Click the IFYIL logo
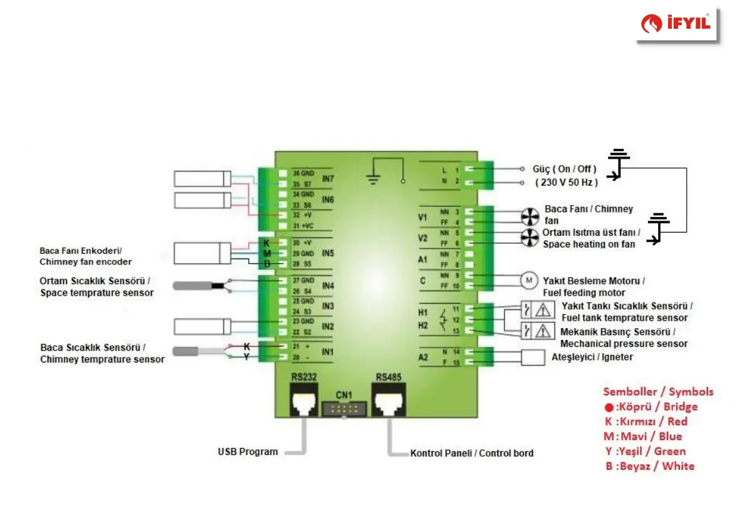(677, 24)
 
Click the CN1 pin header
(343, 409)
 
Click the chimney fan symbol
(530, 216)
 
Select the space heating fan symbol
(530, 237)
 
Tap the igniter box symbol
(534, 357)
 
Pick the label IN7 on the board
(328, 179)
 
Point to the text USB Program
(248, 451)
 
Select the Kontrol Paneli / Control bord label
(472, 452)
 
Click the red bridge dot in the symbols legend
(609, 407)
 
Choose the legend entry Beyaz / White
(650, 466)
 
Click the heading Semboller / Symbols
(658, 392)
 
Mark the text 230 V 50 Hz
(567, 182)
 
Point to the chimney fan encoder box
(195, 253)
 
